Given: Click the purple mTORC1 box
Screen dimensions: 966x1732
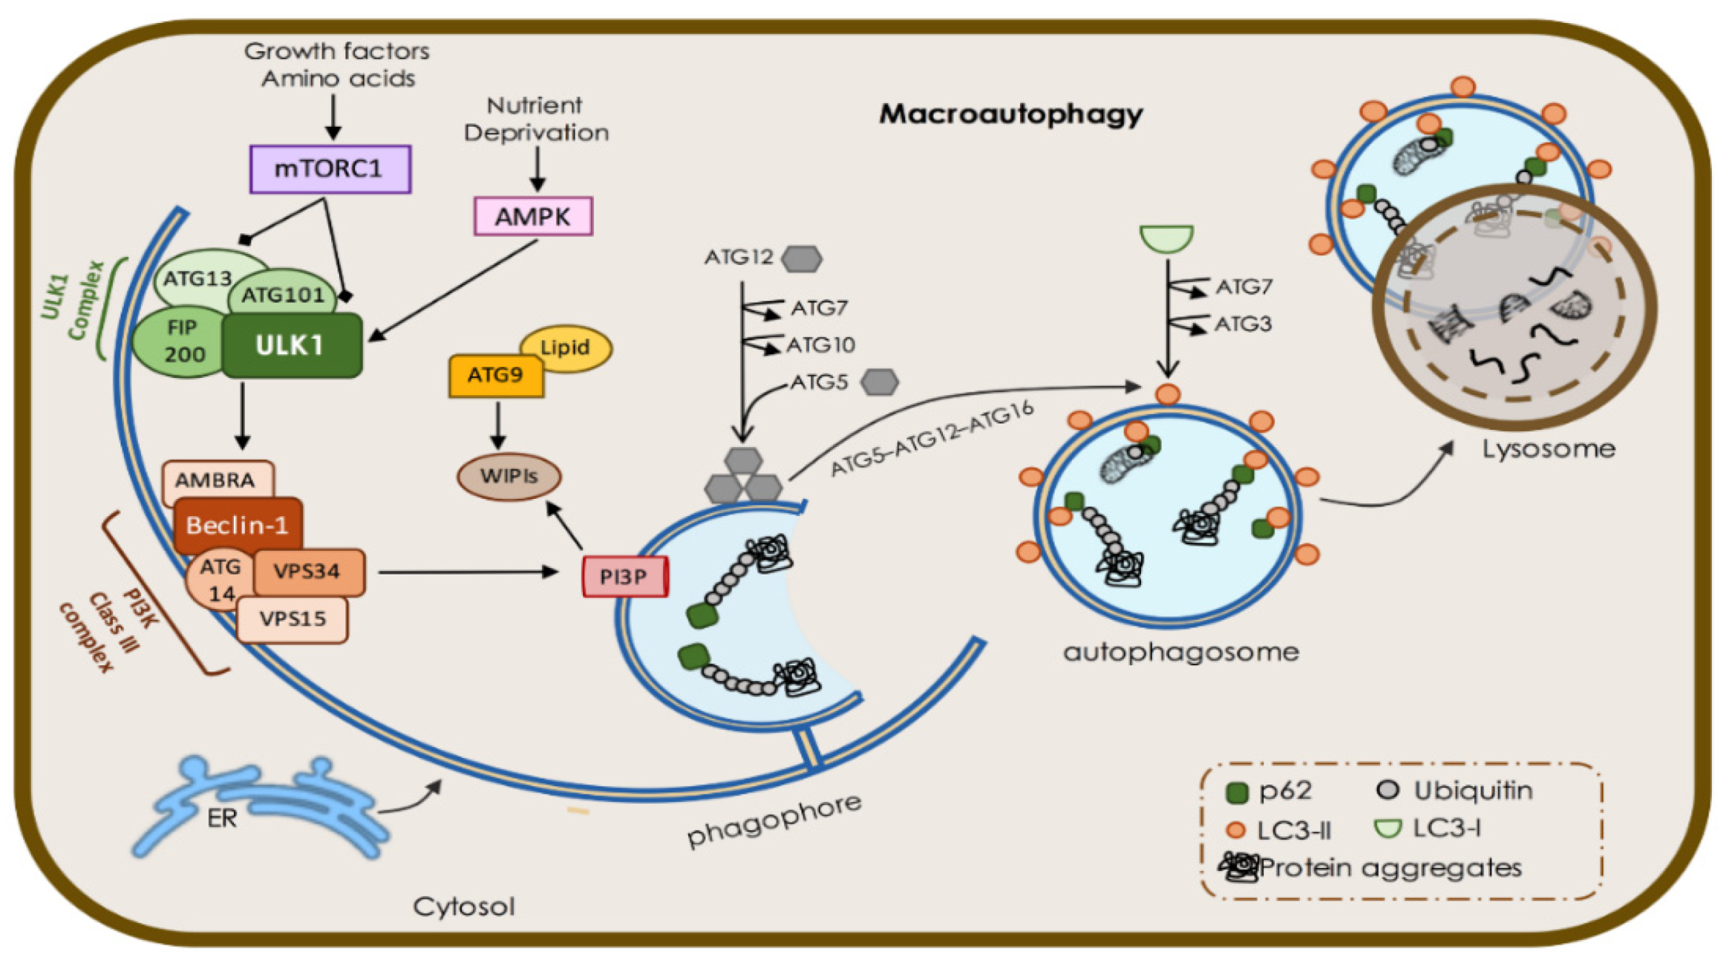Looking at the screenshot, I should (330, 169).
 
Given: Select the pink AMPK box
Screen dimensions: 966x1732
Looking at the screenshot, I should (533, 216).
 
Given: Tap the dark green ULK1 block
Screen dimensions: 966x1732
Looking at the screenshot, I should (292, 346).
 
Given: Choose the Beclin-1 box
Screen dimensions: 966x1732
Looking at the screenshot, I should (238, 525).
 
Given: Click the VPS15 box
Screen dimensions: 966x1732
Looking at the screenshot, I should (293, 619).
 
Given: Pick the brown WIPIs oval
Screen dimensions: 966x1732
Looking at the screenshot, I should (509, 477).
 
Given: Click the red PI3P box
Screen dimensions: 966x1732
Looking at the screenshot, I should (624, 577).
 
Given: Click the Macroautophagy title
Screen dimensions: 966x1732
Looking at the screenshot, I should (1011, 114).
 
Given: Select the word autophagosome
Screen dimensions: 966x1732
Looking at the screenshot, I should (1181, 652).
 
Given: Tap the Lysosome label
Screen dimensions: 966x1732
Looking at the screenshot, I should (1548, 449).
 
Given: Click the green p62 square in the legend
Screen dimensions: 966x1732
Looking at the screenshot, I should (1237, 793).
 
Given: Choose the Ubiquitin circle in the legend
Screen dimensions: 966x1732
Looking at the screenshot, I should (1387, 790).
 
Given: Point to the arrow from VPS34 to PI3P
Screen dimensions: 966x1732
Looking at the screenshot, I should (468, 572).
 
